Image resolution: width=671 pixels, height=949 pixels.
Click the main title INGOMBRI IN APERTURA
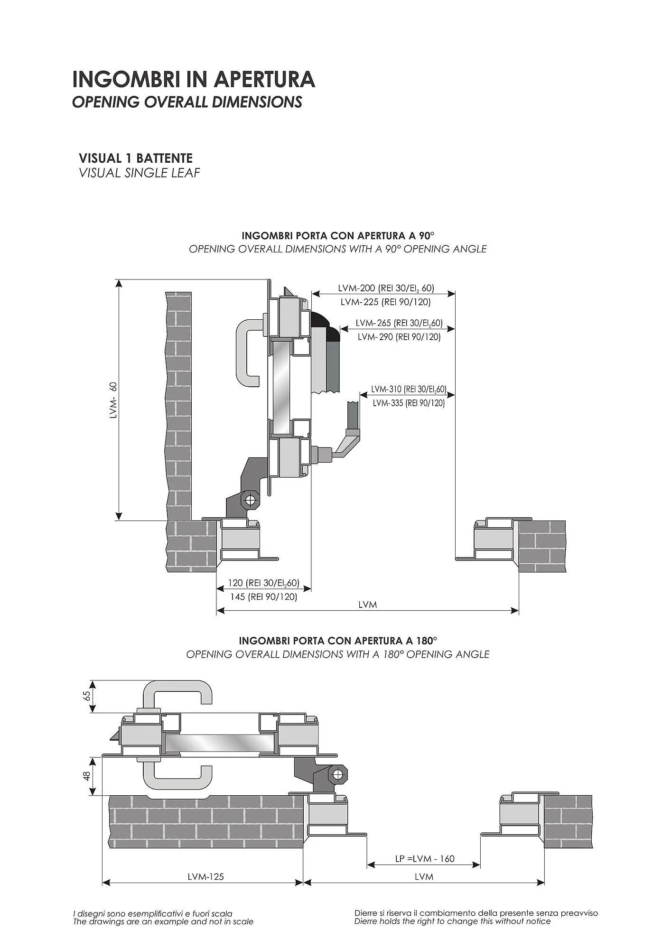pyautogui.click(x=194, y=79)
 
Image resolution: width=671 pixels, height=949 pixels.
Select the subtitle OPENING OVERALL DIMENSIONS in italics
pyautogui.click(x=187, y=102)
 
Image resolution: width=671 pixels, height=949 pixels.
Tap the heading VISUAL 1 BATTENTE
pyautogui.click(x=136, y=158)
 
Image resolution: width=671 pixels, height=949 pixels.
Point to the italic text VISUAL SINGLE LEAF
pyautogui.click(x=140, y=173)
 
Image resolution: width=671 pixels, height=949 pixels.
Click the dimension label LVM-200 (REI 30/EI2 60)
pyautogui.click(x=386, y=288)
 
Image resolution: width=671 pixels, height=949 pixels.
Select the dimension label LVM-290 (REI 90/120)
pyautogui.click(x=399, y=337)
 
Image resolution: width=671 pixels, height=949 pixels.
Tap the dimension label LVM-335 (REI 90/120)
pyautogui.click(x=409, y=403)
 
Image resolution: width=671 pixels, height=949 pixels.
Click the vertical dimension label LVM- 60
pyautogui.click(x=113, y=400)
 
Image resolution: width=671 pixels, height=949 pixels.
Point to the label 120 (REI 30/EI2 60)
pyautogui.click(x=264, y=583)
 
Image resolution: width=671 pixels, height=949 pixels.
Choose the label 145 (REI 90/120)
pyautogui.click(x=264, y=597)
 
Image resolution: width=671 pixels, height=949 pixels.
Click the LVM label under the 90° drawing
pyautogui.click(x=368, y=605)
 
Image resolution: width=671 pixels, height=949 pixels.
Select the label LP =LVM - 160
pyautogui.click(x=425, y=858)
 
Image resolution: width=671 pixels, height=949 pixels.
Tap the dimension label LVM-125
pyautogui.click(x=205, y=876)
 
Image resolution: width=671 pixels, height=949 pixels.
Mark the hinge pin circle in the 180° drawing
pyautogui.click(x=337, y=774)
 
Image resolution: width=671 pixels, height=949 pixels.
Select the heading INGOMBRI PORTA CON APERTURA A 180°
pyautogui.click(x=338, y=641)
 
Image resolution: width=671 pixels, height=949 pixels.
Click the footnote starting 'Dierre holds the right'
pyautogui.click(x=453, y=921)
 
